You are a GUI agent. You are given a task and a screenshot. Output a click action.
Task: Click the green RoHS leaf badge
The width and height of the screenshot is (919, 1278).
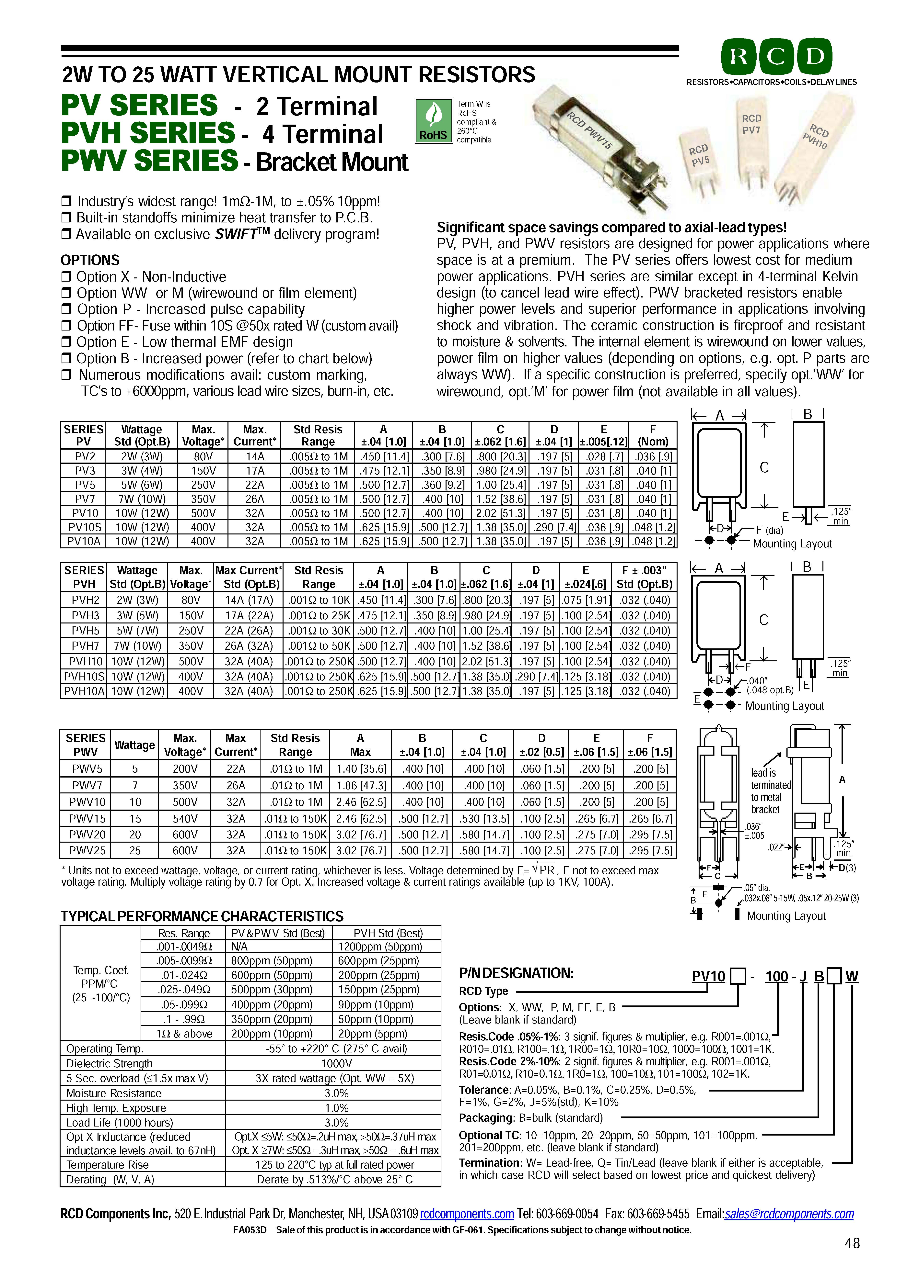pos(433,120)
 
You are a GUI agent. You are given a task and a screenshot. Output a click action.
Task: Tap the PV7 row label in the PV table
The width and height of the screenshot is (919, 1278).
pos(83,499)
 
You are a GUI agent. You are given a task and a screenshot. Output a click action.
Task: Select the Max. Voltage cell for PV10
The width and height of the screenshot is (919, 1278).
pos(203,513)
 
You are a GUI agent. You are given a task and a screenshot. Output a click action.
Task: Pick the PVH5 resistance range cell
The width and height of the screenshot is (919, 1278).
pos(319,631)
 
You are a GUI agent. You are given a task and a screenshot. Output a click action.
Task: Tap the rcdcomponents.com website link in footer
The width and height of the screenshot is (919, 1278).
pos(467,1214)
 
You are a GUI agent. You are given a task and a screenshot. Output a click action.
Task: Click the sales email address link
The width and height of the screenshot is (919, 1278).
pos(789,1214)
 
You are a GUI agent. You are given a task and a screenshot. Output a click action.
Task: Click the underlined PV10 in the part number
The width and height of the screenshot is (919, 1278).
pos(708,976)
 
